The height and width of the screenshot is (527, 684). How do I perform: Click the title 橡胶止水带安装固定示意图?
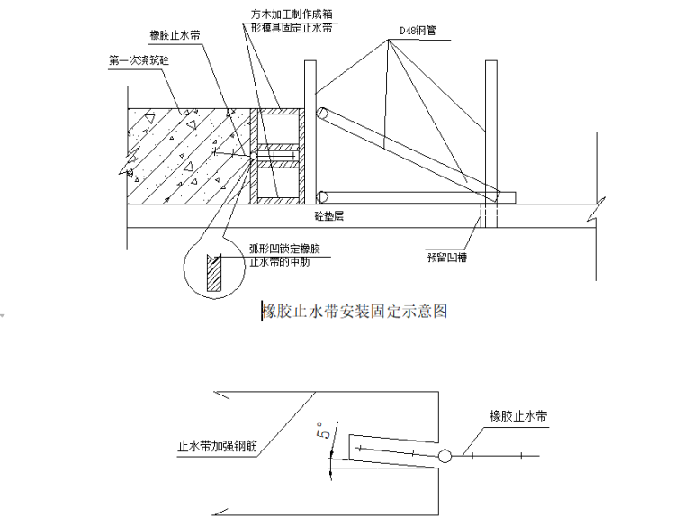point(355,312)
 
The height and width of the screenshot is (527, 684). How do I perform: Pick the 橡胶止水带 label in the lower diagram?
point(519,416)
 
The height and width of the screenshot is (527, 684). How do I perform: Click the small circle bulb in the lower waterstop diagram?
point(445,457)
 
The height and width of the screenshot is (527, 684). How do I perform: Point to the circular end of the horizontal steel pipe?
point(323,195)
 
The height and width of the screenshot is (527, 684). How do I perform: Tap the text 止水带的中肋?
point(281,259)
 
